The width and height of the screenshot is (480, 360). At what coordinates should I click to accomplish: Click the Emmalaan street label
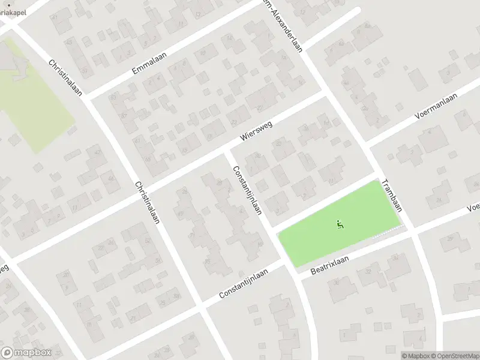(x=149, y=63)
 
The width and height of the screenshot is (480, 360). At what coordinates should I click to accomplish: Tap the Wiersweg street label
(x=256, y=128)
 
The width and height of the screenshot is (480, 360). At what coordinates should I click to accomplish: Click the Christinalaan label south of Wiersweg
(x=147, y=202)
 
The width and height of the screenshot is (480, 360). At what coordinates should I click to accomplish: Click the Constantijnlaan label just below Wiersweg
(x=248, y=190)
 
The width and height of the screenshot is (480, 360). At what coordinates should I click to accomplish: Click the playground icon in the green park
(x=340, y=226)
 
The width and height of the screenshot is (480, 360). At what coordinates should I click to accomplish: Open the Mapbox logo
(x=26, y=353)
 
